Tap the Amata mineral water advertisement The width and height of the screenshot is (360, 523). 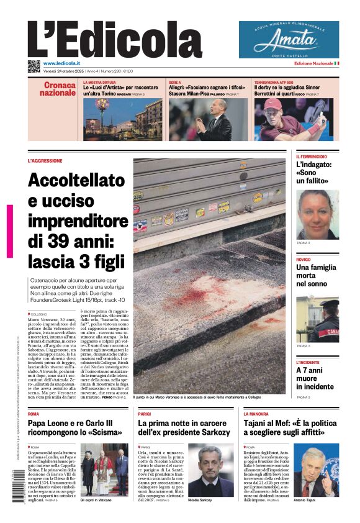point(289,40)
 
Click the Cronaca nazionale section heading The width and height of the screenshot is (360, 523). point(58,89)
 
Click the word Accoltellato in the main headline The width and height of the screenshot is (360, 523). point(76,181)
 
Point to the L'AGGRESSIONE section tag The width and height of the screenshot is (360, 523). point(45,160)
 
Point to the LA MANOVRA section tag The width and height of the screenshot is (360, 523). point(256,413)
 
